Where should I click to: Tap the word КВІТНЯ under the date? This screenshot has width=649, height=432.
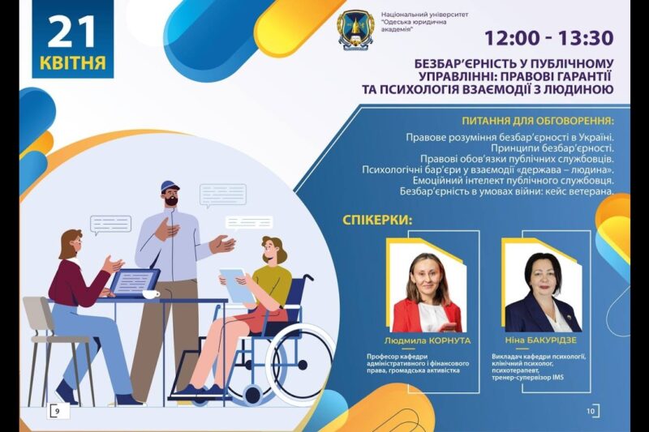(x=72, y=62)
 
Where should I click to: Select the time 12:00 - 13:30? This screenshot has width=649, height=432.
(x=548, y=37)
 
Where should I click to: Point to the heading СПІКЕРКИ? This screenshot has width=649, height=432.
(x=377, y=220)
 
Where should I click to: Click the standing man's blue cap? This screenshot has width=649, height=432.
(x=170, y=186)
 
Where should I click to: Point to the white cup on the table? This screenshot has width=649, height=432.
(x=152, y=293)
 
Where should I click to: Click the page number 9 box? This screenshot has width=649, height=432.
(x=58, y=412)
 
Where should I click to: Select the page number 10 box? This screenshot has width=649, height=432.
(x=591, y=412)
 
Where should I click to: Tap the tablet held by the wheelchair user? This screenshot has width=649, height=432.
(x=234, y=284)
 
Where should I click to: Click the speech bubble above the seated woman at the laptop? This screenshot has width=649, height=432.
(x=110, y=225)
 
